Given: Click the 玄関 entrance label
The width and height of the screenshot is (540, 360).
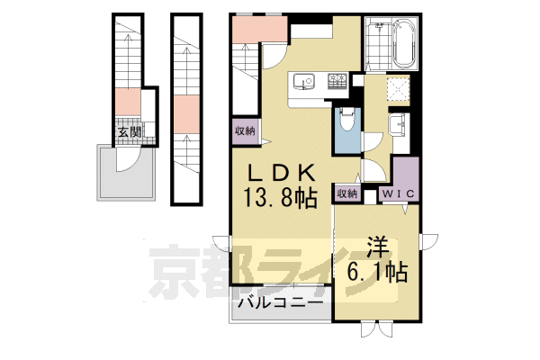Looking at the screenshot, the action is pyautogui.click(x=130, y=132).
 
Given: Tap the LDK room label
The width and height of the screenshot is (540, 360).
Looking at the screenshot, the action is pyautogui.click(x=282, y=174).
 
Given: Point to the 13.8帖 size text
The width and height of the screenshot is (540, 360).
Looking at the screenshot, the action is pyautogui.click(x=280, y=198).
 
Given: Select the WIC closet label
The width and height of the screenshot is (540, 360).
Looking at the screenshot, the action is pyautogui.click(x=399, y=193).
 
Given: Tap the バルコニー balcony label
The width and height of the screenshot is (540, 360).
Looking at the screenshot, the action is pyautogui.click(x=282, y=303).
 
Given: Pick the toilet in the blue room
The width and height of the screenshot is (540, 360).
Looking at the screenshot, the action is pyautogui.click(x=346, y=119).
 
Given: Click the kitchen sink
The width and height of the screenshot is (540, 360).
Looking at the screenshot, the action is pyautogui.click(x=304, y=82).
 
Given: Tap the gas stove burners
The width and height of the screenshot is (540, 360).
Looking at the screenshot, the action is pyautogui.click(x=337, y=81).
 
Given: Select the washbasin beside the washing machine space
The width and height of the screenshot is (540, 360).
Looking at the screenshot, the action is pyautogui.click(x=397, y=123).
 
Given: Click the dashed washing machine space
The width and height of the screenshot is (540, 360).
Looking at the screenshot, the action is pyautogui.click(x=398, y=90).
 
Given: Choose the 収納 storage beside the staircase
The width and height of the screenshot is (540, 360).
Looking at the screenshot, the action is pyautogui.click(x=245, y=131).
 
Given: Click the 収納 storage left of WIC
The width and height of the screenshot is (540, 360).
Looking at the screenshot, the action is pyautogui.click(x=347, y=194).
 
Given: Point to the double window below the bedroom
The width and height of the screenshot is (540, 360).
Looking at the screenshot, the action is pyautogui.click(x=376, y=329).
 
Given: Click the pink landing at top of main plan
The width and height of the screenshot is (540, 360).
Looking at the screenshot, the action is pyautogui.click(x=260, y=30).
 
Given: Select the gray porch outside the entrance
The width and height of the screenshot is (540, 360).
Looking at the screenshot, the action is pyautogui.click(x=126, y=173).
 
